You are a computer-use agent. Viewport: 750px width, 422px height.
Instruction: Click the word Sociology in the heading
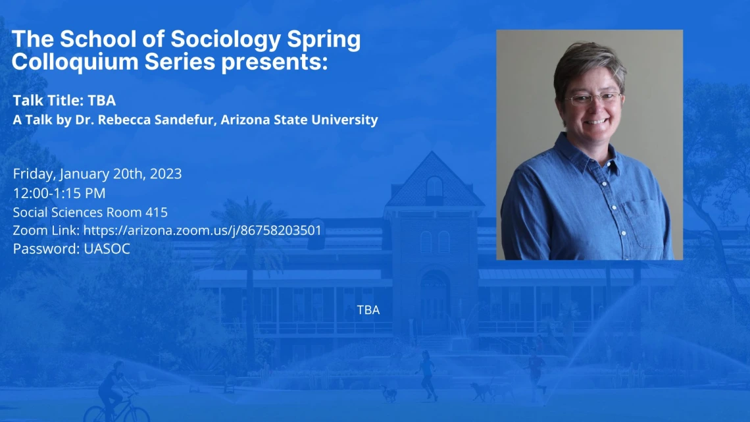tap(225, 40)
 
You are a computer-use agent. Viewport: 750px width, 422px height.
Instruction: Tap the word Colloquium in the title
tap(75, 62)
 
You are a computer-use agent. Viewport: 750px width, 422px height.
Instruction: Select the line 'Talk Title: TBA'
tap(64, 101)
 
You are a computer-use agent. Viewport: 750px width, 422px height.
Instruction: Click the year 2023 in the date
tap(166, 173)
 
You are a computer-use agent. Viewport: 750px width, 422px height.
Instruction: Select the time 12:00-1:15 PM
tap(59, 194)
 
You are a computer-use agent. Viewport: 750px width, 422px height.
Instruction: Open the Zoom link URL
tap(203, 230)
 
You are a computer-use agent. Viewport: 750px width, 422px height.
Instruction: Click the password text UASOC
tap(107, 249)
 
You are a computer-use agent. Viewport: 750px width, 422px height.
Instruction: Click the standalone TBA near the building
tap(368, 310)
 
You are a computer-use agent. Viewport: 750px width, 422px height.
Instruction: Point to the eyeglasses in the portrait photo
tap(593, 99)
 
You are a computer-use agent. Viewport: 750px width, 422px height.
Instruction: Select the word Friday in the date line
tap(34, 174)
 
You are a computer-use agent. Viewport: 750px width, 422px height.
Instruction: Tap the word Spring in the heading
tap(324, 40)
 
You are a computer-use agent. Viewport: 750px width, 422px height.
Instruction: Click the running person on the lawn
tap(427, 375)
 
